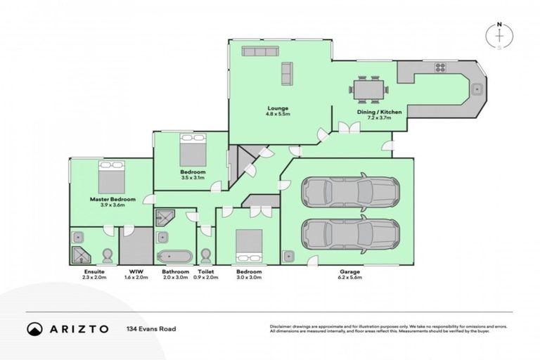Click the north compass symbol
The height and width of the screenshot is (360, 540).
pos(499,37)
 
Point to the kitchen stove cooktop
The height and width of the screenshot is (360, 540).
pos(441,68)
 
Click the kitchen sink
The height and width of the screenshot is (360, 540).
pos(477,89)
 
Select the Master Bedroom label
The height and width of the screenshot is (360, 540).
pos(111,200)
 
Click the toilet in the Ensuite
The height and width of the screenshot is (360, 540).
pos(108,255)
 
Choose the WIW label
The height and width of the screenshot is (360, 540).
pos(136,271)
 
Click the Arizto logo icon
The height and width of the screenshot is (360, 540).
pos(33,328)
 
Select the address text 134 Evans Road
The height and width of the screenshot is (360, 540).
pos(150,328)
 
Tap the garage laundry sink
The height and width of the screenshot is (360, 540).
pos(289,256)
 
